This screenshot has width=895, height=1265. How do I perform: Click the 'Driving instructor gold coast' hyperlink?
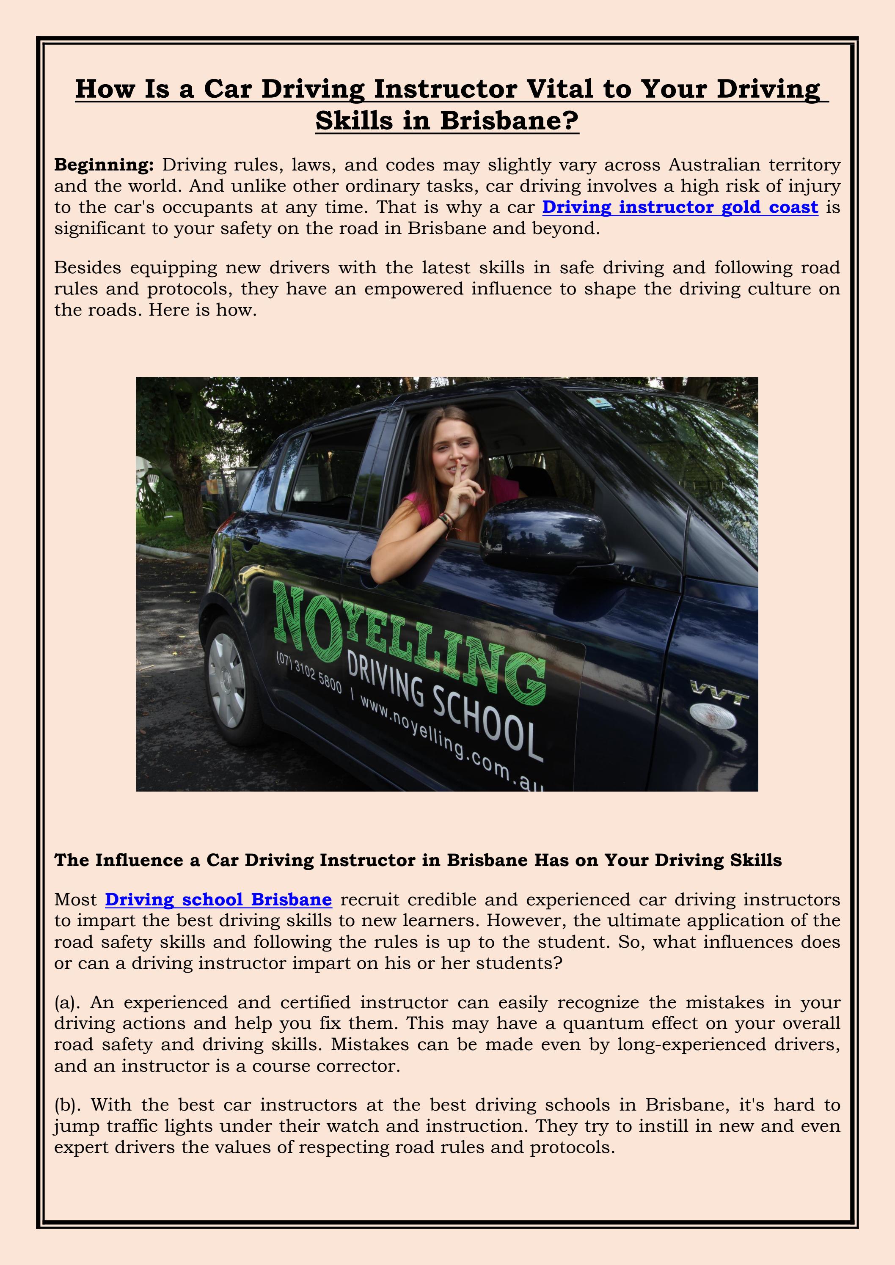tap(680, 207)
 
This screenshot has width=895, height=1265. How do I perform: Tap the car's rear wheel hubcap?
tap(226, 680)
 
